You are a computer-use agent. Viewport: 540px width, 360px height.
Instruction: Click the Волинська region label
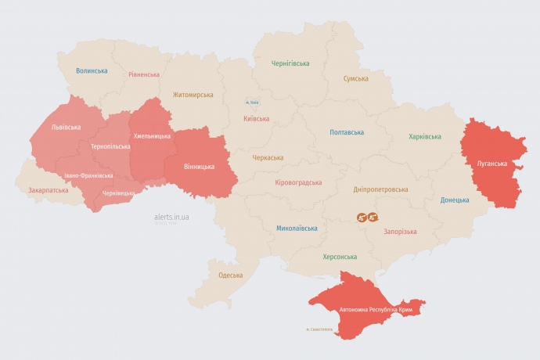pos(92,70)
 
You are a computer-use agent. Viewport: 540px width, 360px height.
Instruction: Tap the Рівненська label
pos(144,75)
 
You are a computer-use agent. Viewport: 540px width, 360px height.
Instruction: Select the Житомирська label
pos(193,95)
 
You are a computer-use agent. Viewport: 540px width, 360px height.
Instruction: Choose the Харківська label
pos(425,137)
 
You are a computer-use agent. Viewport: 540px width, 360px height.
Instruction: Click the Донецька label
pos(455,200)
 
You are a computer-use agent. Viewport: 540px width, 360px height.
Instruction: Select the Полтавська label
pos(347,132)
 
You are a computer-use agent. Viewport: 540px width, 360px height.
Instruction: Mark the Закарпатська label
pos(49,190)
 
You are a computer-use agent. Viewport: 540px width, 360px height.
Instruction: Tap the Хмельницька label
pos(152,136)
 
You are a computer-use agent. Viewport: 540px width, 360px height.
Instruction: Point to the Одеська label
pos(230,275)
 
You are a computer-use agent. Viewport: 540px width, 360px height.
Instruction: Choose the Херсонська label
pos(340,257)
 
